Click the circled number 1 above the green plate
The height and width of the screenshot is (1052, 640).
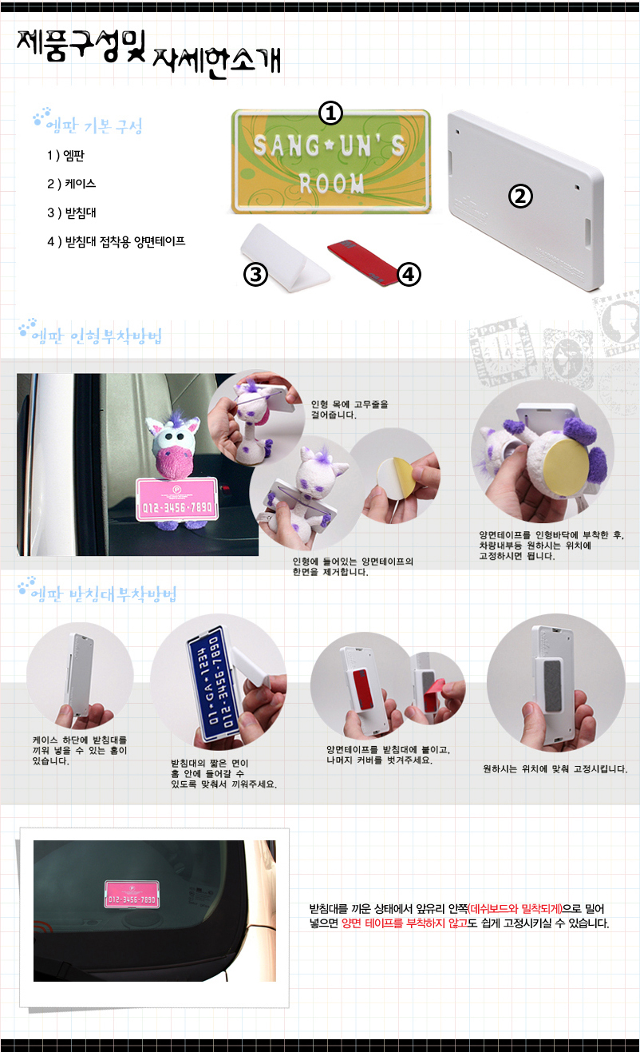[x=331, y=113]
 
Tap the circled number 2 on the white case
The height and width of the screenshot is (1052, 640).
[x=521, y=196]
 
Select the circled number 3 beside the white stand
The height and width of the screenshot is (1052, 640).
[x=255, y=274]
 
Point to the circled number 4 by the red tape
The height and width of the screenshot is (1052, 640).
[x=409, y=274]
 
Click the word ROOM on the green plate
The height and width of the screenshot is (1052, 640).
[x=332, y=183]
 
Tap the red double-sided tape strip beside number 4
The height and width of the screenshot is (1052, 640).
[x=361, y=262]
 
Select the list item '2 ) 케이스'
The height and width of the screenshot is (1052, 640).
[x=71, y=184]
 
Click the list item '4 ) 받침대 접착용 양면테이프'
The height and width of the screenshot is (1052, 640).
[x=117, y=241]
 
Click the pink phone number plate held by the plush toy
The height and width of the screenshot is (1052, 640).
[x=177, y=499]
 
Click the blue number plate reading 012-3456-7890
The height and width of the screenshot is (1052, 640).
[x=211, y=681]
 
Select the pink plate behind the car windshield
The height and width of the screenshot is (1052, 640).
[x=132, y=894]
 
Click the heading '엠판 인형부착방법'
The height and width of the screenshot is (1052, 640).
[x=97, y=335]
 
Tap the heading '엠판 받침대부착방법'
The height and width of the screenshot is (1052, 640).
[x=104, y=594]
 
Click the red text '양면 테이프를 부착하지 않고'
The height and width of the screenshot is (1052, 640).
[x=405, y=923]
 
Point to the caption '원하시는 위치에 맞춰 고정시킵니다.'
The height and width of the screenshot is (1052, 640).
[x=555, y=768]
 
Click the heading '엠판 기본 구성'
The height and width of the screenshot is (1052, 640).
[x=94, y=126]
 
